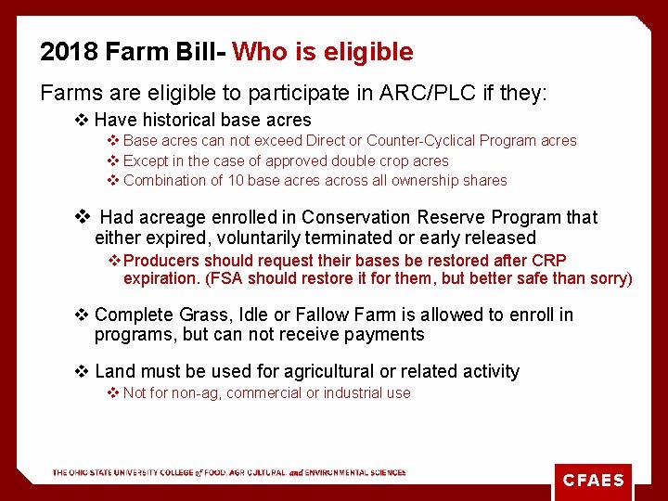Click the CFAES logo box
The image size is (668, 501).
593,482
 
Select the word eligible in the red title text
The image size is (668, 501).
366,52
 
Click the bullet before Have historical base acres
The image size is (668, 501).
82,120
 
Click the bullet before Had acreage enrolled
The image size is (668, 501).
82,217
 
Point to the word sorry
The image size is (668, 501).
607,278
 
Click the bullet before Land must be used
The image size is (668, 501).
82,371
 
